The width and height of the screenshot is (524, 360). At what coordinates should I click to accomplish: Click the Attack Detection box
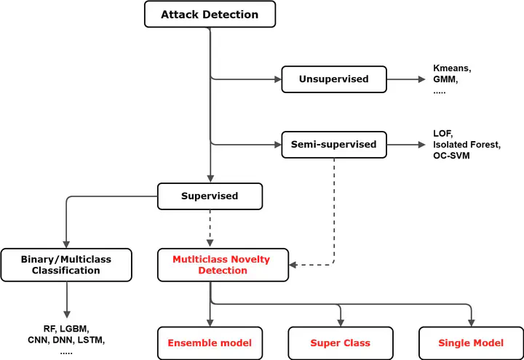(210, 14)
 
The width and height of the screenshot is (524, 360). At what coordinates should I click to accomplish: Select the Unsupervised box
(334, 79)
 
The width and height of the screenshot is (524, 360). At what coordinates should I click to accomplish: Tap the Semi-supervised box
(334, 145)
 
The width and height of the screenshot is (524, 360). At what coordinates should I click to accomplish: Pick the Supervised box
(210, 196)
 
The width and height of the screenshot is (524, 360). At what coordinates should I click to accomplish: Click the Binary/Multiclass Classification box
(66, 265)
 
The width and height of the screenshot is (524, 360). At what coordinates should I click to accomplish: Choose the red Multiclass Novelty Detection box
(223, 265)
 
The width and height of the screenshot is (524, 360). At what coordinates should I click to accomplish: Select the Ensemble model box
(210, 343)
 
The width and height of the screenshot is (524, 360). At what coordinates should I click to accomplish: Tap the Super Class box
(341, 343)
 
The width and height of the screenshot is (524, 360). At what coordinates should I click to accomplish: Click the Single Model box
(471, 343)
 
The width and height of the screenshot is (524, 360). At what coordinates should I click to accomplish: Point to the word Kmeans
(451, 68)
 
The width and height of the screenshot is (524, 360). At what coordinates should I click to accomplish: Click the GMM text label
(445, 79)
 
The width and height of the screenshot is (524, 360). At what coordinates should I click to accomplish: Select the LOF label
(442, 134)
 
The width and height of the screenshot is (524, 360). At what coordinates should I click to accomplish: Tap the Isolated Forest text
(467, 145)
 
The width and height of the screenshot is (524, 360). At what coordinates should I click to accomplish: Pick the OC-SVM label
(451, 156)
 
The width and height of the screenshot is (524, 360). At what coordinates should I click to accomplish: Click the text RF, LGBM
(66, 329)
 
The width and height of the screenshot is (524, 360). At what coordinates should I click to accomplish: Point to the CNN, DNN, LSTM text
(66, 340)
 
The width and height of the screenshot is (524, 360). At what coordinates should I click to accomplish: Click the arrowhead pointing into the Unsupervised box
(278, 79)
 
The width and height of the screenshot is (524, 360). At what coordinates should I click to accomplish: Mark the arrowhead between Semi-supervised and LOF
(421, 145)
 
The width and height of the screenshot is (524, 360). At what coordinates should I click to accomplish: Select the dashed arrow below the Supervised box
(210, 229)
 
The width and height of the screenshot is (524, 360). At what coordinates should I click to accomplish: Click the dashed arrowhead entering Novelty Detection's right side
(293, 265)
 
